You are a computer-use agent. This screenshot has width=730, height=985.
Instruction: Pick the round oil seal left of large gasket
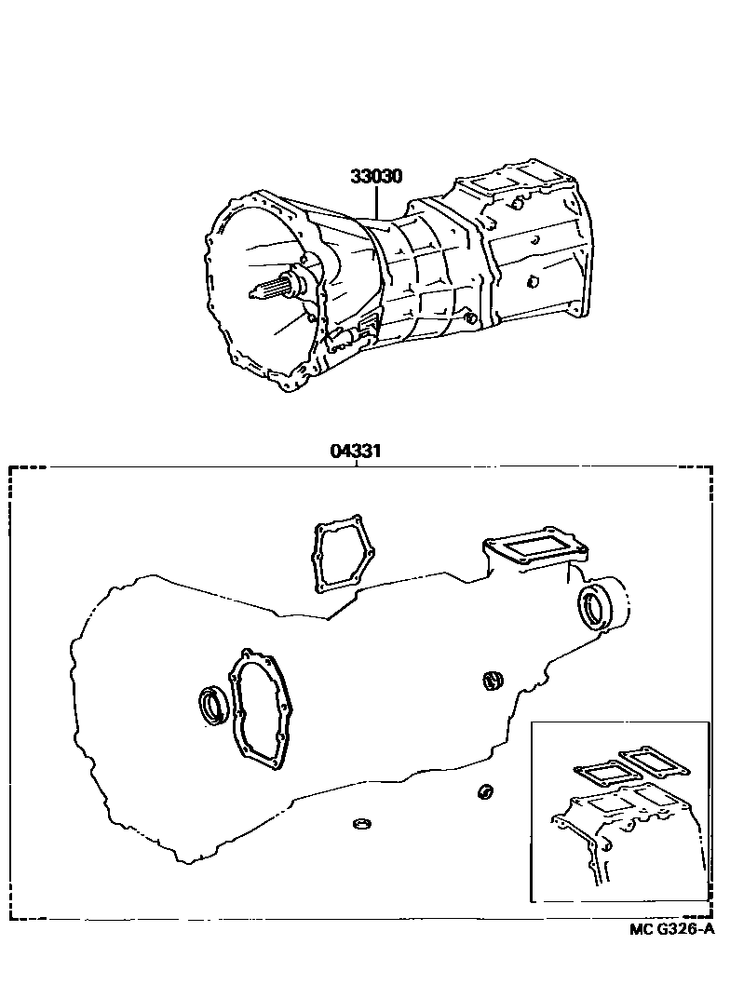point(213,704)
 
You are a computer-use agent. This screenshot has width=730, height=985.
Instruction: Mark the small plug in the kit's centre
point(493,681)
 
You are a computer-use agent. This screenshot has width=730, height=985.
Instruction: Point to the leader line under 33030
point(376,205)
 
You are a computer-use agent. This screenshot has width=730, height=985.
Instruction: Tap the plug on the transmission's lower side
point(470,319)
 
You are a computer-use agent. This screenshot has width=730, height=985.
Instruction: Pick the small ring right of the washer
point(484,792)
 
